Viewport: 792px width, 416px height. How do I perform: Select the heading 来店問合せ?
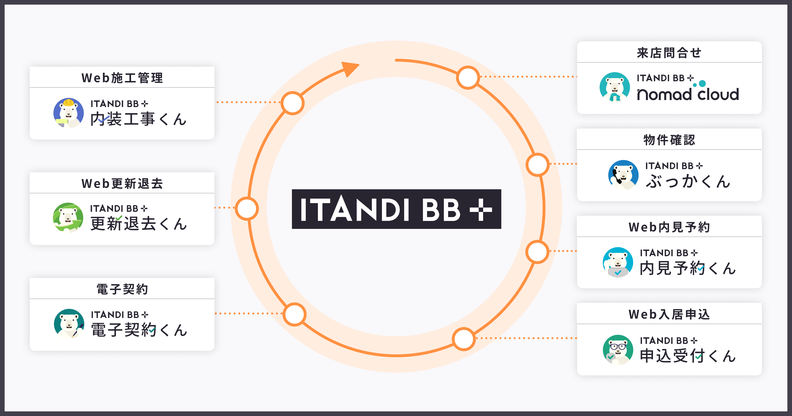tap(669, 53)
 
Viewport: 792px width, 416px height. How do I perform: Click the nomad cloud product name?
tap(688, 94)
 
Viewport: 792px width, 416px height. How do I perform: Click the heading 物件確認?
tap(669, 140)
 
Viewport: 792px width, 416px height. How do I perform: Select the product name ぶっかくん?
tap(688, 181)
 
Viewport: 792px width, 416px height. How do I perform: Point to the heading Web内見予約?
tap(669, 227)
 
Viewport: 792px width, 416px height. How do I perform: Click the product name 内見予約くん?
tap(688, 268)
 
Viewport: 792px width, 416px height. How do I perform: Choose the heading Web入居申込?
tap(669, 314)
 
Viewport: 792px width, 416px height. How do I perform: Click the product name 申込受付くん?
tap(688, 356)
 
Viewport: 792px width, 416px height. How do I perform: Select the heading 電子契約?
tap(122, 289)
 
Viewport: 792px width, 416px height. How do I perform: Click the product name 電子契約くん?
tap(139, 330)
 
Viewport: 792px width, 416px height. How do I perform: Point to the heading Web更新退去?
tap(122, 183)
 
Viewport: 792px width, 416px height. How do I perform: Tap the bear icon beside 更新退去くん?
tap(68, 217)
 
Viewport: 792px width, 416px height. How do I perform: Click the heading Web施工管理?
tap(122, 78)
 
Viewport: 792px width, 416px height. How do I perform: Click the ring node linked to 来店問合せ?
tap(468, 77)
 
